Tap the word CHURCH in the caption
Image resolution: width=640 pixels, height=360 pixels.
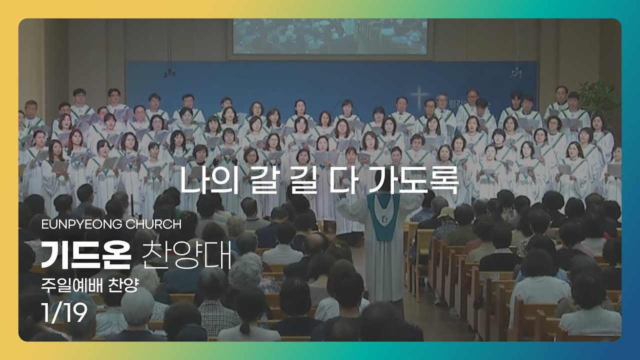153,224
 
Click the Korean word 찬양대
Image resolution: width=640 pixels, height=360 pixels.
186,255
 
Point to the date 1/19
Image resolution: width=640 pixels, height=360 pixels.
64,312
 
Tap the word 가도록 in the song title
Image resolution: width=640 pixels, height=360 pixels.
414,180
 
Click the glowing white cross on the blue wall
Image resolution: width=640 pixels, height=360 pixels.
419,97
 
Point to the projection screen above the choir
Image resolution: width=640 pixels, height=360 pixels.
330,36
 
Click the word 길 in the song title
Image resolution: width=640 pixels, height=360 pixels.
303,180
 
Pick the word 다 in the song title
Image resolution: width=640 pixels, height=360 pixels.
343,180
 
